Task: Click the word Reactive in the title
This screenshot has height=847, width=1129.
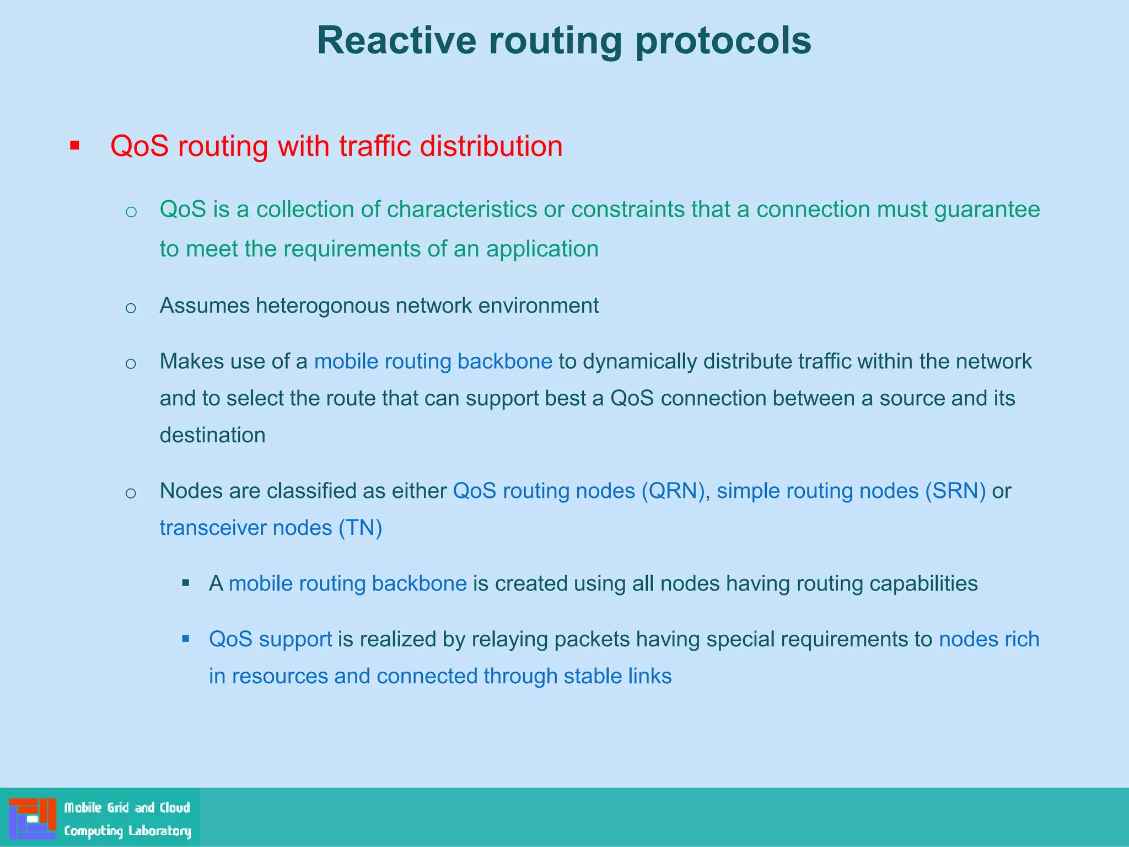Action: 396,40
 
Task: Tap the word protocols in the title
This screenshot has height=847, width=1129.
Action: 723,41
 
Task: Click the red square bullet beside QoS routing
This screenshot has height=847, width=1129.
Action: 75,146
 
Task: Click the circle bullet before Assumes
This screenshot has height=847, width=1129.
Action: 131,307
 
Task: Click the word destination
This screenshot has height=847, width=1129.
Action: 212,435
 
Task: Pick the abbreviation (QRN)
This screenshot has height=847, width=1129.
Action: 673,491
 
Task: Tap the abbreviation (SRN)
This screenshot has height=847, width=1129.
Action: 955,491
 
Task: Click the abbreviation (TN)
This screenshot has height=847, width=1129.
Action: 360,528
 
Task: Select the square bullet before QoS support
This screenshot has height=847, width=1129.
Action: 186,639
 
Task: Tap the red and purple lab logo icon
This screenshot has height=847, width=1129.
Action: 33,818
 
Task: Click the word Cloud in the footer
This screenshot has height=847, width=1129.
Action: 175,808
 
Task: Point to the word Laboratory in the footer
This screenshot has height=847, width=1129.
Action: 159,831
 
